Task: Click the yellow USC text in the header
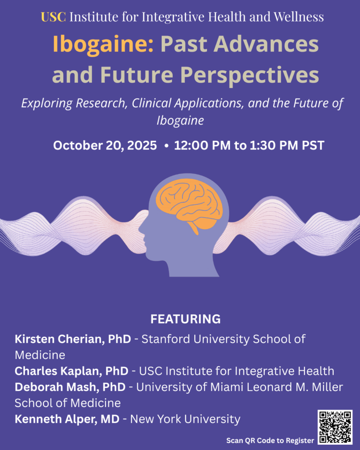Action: [x=53, y=17]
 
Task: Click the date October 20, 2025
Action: [x=105, y=145]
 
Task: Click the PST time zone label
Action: [x=313, y=145]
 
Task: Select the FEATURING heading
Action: [x=185, y=319]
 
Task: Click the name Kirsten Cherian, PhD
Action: [x=73, y=339]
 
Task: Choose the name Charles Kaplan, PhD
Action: [x=72, y=371]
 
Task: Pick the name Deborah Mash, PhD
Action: [x=70, y=387]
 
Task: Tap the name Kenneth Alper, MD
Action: [x=67, y=419]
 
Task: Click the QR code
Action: [x=335, y=427]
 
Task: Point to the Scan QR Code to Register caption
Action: [x=270, y=440]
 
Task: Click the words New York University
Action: [x=185, y=419]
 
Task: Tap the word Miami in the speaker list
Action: [x=227, y=387]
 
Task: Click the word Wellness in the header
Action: [x=298, y=17]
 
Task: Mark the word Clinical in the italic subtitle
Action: [x=151, y=103]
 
